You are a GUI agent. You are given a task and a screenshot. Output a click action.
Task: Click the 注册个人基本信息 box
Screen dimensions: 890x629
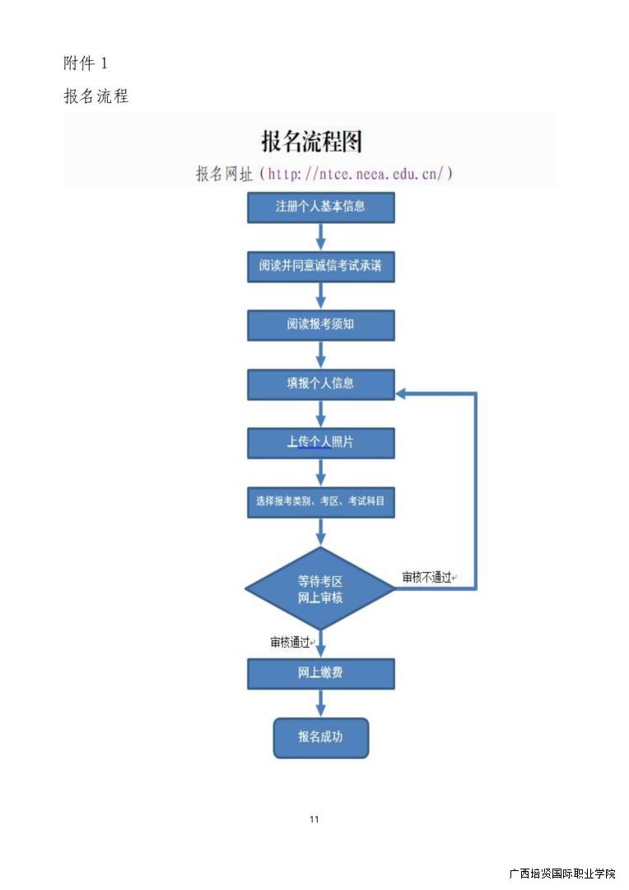click(x=321, y=207)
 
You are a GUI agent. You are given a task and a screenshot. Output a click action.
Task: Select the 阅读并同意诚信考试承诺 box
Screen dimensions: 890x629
click(x=321, y=266)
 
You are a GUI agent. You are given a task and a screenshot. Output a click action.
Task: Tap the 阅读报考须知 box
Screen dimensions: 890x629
click(x=321, y=325)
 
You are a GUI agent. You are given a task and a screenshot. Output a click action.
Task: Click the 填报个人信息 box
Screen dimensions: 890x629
click(x=321, y=384)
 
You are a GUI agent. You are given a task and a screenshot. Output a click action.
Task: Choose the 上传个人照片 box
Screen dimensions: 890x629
click(x=321, y=443)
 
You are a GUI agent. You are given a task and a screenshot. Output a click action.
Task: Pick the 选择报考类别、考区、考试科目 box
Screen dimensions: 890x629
click(x=321, y=501)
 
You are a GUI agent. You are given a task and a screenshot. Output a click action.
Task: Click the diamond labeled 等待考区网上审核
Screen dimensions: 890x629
click(x=320, y=588)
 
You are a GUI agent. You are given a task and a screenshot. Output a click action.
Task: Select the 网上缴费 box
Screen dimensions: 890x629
click(x=321, y=673)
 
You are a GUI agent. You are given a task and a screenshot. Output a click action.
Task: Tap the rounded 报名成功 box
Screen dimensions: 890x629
click(x=321, y=737)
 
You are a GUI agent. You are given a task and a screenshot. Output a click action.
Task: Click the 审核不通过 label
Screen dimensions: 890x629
click(x=427, y=578)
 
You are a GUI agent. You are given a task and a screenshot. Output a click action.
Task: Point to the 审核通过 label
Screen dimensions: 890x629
click(x=291, y=642)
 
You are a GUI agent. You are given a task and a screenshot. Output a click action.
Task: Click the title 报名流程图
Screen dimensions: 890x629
click(x=311, y=141)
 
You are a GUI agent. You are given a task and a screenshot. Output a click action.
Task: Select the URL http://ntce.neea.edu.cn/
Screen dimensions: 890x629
click(x=356, y=174)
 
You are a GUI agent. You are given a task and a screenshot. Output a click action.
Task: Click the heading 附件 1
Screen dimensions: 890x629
click(x=86, y=63)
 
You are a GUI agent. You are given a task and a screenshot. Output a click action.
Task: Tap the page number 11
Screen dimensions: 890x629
click(x=314, y=819)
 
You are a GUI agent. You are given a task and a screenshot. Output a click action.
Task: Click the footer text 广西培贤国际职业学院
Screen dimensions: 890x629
click(x=561, y=874)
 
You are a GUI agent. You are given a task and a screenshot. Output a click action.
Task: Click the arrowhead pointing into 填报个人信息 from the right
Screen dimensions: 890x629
click(x=402, y=394)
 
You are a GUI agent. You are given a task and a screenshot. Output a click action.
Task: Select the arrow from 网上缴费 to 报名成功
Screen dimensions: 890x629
click(x=321, y=703)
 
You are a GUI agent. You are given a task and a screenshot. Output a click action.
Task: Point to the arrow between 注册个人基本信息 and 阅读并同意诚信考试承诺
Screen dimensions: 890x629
click(x=321, y=237)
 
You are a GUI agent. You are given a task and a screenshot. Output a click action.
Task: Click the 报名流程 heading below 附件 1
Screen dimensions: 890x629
click(x=96, y=96)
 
